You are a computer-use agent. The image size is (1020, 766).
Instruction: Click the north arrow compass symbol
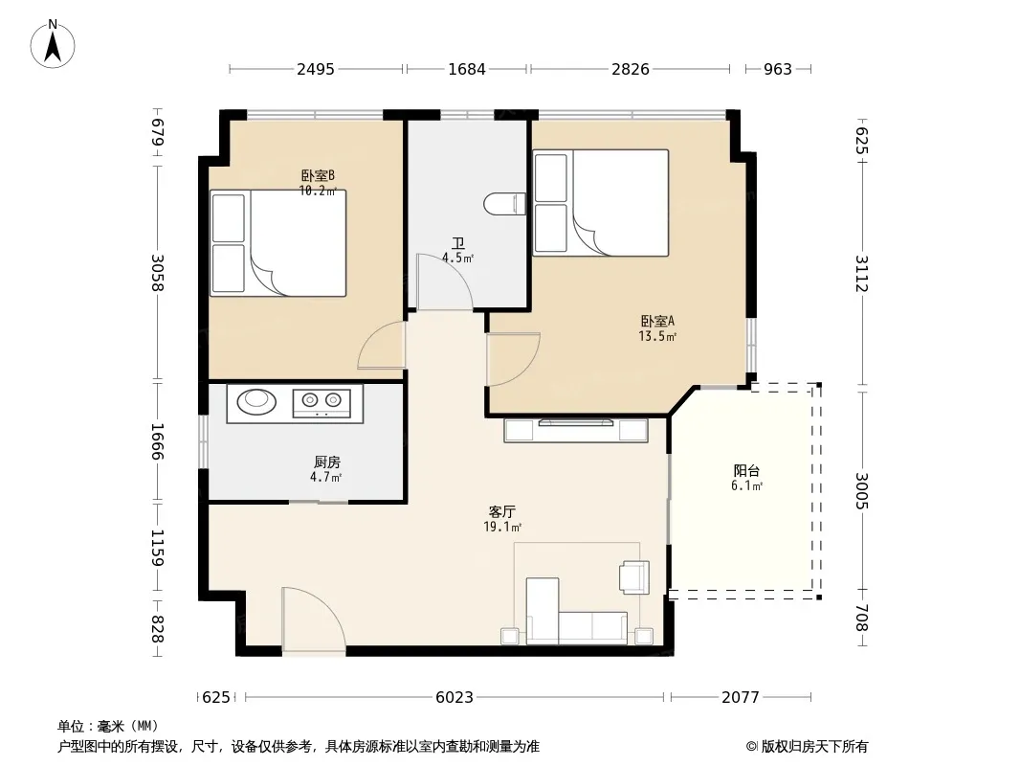click(53, 44)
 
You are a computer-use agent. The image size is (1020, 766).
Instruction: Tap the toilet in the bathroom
click(505, 204)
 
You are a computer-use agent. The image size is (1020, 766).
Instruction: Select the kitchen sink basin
click(256, 401)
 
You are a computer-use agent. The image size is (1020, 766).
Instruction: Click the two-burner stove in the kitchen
click(322, 403)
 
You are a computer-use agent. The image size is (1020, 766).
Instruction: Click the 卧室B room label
click(318, 176)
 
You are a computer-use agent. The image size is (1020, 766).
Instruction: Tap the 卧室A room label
click(657, 321)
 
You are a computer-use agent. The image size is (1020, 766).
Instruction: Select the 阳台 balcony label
click(746, 470)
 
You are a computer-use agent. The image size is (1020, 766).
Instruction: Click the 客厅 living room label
click(502, 511)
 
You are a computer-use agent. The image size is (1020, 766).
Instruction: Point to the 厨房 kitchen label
click(326, 462)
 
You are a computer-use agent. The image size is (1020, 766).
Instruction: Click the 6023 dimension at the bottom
click(455, 698)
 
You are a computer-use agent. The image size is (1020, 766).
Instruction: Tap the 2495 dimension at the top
click(316, 69)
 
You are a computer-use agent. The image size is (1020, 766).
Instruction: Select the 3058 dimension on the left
click(158, 272)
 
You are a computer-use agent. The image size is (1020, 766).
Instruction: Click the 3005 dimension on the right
click(862, 490)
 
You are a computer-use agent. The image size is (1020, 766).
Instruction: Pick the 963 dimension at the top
click(777, 69)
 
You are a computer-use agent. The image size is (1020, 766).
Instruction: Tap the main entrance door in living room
click(314, 619)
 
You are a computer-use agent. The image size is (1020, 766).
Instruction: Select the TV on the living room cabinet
click(576, 422)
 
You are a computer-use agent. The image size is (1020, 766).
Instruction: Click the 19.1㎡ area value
click(502, 528)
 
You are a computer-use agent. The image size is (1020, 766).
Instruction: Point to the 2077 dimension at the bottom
click(741, 698)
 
